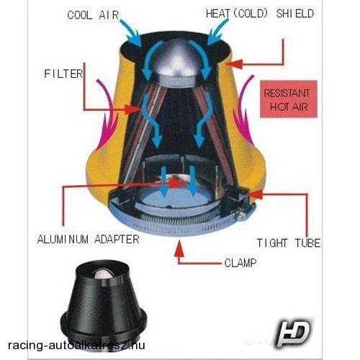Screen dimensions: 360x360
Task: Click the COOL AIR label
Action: (93, 15)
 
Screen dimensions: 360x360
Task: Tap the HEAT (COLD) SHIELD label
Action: (260, 14)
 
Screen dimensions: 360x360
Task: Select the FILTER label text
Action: (63, 73)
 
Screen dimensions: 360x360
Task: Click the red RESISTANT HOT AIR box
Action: (289, 99)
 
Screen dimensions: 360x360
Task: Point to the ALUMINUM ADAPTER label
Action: (89, 239)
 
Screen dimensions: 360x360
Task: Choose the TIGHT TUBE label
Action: (289, 243)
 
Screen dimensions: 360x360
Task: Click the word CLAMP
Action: (240, 263)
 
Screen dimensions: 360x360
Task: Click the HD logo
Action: (293, 333)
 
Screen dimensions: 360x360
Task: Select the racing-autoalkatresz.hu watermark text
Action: (76, 346)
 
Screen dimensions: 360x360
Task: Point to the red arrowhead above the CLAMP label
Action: (179, 249)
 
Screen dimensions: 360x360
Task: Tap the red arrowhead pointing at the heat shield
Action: (234, 64)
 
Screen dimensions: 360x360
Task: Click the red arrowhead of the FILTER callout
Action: (132, 109)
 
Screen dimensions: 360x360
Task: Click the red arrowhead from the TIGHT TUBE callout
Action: (257, 194)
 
